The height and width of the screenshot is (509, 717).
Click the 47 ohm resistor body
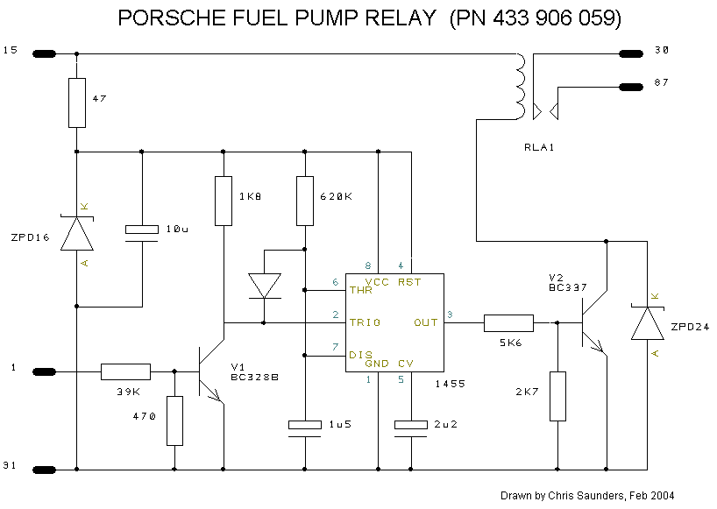point(77,103)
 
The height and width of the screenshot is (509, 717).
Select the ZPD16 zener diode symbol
point(77,234)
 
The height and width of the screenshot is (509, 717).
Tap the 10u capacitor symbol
point(142,234)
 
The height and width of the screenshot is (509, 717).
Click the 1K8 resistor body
point(224,201)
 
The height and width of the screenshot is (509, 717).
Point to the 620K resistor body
point(305,201)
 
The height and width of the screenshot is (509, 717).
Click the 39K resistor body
point(125,372)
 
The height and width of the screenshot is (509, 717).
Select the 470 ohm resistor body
point(174,421)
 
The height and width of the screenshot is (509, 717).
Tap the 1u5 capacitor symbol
point(305,429)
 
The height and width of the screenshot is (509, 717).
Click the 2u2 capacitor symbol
point(410,429)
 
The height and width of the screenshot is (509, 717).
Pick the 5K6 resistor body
point(508,323)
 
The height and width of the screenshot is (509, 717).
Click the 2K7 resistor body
point(557,396)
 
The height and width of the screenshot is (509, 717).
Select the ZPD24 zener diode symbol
point(648,323)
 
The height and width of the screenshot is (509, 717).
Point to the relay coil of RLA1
point(521,87)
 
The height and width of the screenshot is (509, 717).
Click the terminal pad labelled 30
point(631,54)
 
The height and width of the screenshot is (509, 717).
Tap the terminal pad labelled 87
point(631,87)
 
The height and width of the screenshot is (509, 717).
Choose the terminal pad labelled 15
point(45,54)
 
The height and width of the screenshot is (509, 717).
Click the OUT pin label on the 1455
point(426,322)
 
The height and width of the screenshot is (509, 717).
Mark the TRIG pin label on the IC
point(365,322)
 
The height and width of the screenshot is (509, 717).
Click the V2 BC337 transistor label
point(567,283)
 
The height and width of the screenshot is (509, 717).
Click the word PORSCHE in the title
point(173,18)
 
